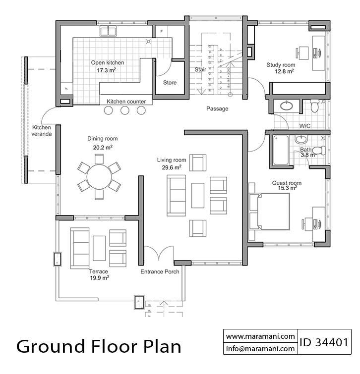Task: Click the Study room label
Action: coord(281,65)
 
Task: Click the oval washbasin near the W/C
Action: coord(286,106)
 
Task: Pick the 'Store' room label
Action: coord(170,83)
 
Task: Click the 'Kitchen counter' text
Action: coord(126,102)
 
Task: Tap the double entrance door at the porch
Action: coord(159,254)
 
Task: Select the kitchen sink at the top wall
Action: coord(108,31)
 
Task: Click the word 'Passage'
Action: coord(217,108)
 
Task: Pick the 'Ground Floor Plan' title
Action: coord(99,346)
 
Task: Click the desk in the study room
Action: coord(318,52)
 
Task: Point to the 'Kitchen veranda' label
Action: coord(42,131)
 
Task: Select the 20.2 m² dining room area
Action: coord(103,147)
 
